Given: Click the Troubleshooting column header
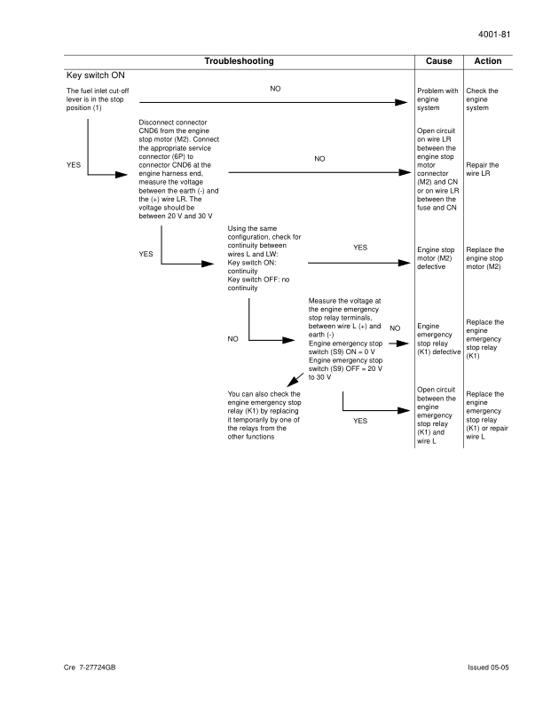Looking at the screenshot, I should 239,61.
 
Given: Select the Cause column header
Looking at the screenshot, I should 438,61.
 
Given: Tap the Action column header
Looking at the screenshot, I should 488,61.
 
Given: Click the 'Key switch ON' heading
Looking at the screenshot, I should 98,75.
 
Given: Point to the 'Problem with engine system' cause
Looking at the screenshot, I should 437,99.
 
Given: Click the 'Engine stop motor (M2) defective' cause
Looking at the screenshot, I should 438,258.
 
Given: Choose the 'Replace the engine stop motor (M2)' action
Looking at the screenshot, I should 484,258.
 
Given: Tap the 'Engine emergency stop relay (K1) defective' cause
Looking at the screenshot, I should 438,339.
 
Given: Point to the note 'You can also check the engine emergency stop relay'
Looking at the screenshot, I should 264,415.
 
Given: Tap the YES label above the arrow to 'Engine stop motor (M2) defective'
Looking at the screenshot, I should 360,248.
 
